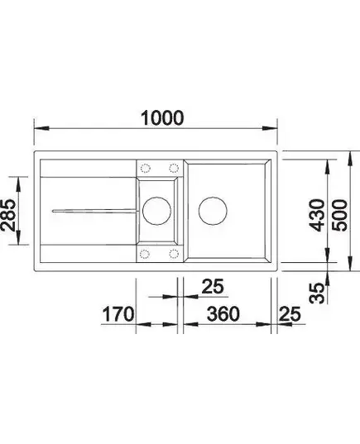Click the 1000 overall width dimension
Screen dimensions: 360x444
click(162, 117)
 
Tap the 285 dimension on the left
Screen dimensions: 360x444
click(8, 216)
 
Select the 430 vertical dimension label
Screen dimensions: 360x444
click(317, 215)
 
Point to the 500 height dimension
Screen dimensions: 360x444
click(340, 215)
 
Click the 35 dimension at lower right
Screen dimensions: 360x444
click(317, 293)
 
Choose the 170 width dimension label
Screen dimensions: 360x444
click(118, 313)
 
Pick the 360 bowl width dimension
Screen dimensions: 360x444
click(223, 313)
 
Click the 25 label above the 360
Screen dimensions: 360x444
click(213, 286)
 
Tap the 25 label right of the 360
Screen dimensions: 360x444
click(289, 313)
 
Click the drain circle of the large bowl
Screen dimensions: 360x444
click(213, 211)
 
